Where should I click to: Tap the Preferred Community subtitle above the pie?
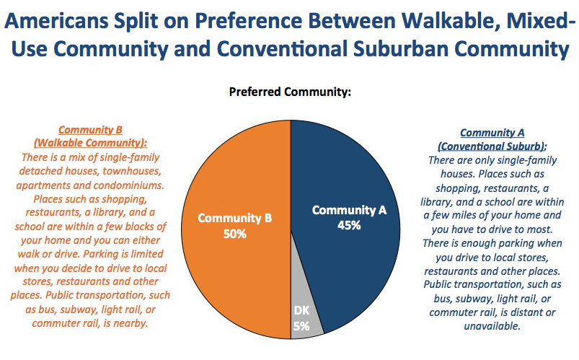(290, 92)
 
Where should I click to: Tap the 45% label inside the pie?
(349, 224)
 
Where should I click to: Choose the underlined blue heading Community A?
(492, 133)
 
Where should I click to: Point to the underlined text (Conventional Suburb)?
(492, 145)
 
